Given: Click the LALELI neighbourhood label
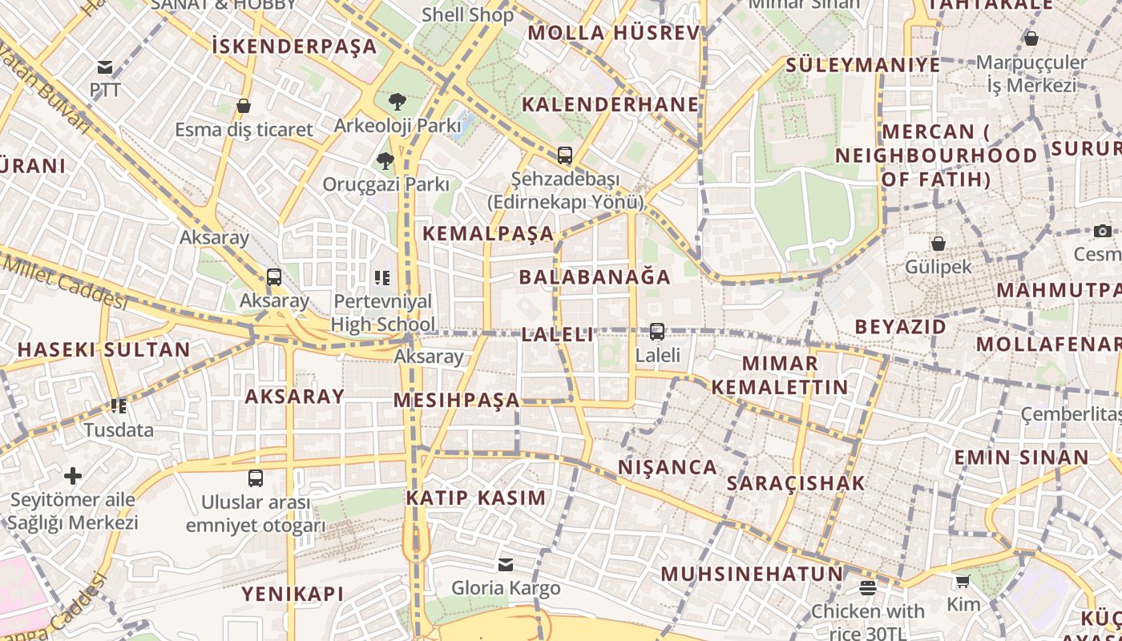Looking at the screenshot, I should tap(558, 335).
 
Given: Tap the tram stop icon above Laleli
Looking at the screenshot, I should tap(657, 331).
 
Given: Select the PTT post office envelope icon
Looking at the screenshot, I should tap(105, 67).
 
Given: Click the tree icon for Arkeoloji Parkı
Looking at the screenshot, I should tap(397, 102).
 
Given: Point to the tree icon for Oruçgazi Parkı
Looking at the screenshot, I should tap(385, 161).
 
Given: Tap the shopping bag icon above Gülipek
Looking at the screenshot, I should tap(938, 244).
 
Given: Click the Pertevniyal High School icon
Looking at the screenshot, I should tap(382, 278).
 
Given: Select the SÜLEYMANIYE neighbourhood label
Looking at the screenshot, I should tap(863, 65).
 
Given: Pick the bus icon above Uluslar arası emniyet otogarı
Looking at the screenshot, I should tap(256, 478).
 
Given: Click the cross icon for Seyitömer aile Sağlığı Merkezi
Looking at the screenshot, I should tap(73, 477).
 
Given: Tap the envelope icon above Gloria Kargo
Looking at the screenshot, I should tap(505, 565).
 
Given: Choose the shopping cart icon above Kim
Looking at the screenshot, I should tap(963, 581).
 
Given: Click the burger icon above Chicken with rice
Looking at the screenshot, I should tap(867, 588).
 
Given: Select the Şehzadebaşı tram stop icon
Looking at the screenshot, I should tap(565, 155).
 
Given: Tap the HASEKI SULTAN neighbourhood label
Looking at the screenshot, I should tap(104, 350).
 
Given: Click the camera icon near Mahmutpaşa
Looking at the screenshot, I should tap(1103, 231).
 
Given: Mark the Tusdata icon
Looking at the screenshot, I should tap(119, 406).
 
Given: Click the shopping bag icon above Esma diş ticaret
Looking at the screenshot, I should tap(244, 106).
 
